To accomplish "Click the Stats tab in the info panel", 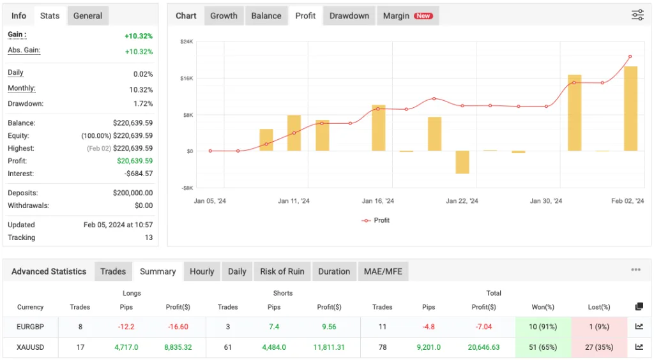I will point(50,16).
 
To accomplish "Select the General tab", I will point(87,16).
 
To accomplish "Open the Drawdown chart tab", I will point(349,16).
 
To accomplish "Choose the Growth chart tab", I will point(224,16).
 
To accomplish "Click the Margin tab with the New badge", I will point(407,16).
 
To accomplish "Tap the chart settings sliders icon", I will point(637,15).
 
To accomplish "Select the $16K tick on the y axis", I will point(186,78).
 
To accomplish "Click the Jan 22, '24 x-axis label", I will point(462,201).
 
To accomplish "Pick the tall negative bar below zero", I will point(462,162).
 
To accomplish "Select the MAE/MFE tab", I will point(383,271).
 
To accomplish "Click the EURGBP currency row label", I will point(30,327).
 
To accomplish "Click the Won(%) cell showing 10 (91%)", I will point(543,327).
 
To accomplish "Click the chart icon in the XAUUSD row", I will point(639,347).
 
